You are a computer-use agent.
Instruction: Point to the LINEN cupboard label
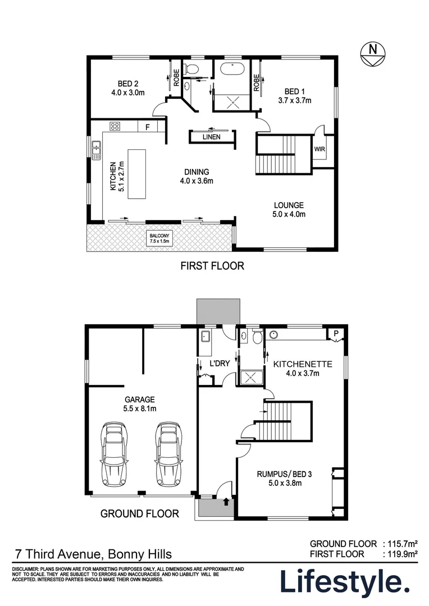click(x=212, y=136)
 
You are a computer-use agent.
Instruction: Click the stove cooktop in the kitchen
click(x=115, y=126)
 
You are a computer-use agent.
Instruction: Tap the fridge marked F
click(x=147, y=127)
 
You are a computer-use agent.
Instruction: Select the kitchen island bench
click(x=136, y=173)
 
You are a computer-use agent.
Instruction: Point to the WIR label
click(x=320, y=149)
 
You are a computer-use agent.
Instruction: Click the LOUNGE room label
click(x=289, y=209)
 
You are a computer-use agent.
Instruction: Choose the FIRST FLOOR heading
click(x=212, y=266)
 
